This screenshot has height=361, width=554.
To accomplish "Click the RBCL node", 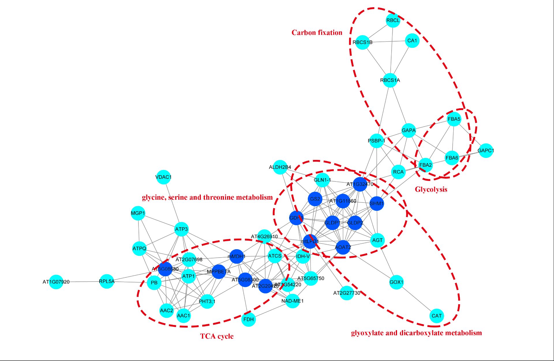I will [x=393, y=20].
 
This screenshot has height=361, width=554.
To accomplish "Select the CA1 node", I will [x=412, y=41].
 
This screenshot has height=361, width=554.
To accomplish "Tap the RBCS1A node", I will [x=390, y=80].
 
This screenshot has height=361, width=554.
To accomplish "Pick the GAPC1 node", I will [x=486, y=150].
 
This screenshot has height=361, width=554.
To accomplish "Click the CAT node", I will [x=437, y=316].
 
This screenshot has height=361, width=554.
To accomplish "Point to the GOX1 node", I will [x=396, y=282].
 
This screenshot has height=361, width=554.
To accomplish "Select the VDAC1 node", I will [x=163, y=177].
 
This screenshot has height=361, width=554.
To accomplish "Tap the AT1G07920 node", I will [x=56, y=282].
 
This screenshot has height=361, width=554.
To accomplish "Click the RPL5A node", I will [x=107, y=281].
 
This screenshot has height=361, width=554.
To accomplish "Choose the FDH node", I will [x=248, y=319].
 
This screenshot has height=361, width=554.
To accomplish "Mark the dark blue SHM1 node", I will [x=377, y=203].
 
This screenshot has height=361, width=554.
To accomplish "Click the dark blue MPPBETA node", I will [x=219, y=271].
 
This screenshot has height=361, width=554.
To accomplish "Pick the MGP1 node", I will [x=138, y=213].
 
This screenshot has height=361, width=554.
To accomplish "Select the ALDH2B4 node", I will [x=280, y=167].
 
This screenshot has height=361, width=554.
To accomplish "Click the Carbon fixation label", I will [x=317, y=33].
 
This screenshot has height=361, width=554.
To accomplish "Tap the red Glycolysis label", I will [x=431, y=189].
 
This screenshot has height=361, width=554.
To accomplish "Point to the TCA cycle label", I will [x=217, y=336].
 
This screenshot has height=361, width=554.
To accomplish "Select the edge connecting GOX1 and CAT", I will [x=417, y=299].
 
